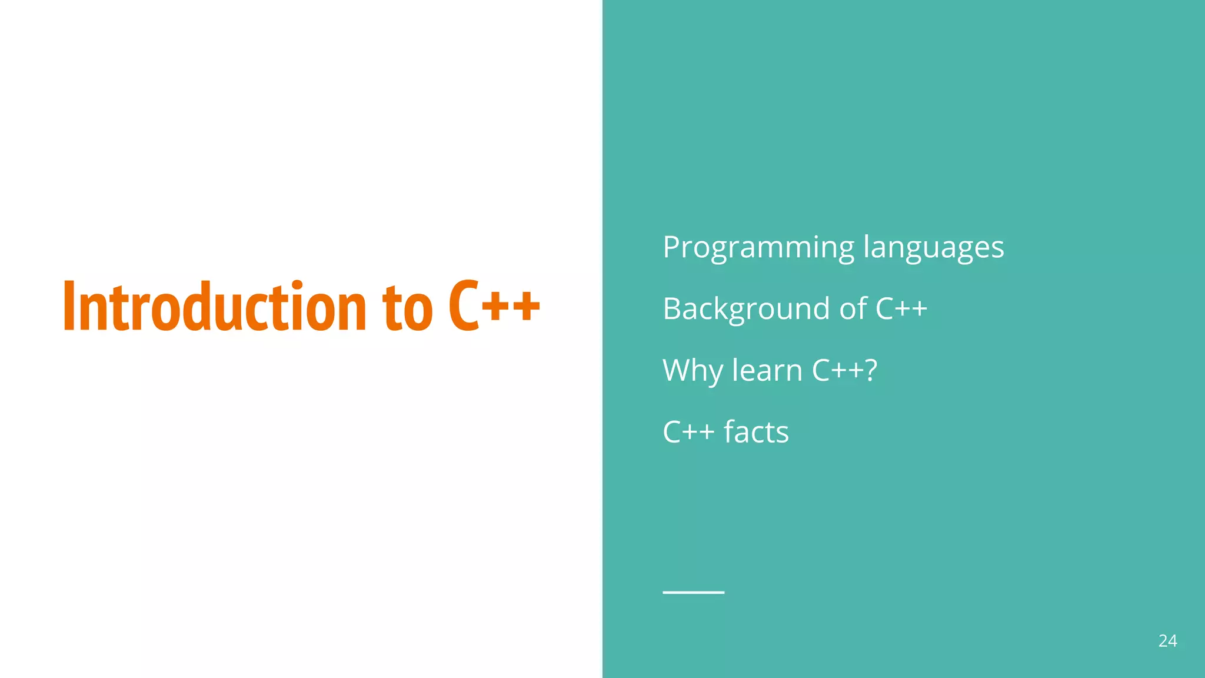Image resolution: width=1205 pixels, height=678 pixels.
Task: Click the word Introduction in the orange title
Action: pyautogui.click(x=215, y=307)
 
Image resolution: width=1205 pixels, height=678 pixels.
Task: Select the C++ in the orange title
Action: pyautogui.click(x=494, y=305)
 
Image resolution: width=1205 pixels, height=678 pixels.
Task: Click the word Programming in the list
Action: pyautogui.click(x=758, y=248)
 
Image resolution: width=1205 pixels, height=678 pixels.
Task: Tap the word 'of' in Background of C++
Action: pyautogui.click(x=853, y=309)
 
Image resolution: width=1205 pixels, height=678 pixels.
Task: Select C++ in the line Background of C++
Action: pyautogui.click(x=901, y=309)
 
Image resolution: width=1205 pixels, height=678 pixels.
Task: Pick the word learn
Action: pyautogui.click(x=767, y=370)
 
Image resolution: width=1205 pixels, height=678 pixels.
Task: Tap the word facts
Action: pyautogui.click(x=756, y=432)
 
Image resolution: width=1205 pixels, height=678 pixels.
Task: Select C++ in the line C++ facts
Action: pyautogui.click(x=688, y=432)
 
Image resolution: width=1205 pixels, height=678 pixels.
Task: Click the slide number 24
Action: pyautogui.click(x=1167, y=641)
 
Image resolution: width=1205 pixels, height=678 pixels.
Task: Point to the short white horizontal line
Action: pyautogui.click(x=693, y=592)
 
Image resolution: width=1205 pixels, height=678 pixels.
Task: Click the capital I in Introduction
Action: pyautogui.click(x=68, y=307)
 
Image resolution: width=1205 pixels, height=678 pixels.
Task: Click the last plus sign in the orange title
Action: pyautogui.click(x=526, y=307)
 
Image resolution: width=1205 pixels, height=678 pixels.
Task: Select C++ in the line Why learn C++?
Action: pyautogui.click(x=837, y=370)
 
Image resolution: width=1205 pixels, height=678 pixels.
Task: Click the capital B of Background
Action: pyautogui.click(x=672, y=309)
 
